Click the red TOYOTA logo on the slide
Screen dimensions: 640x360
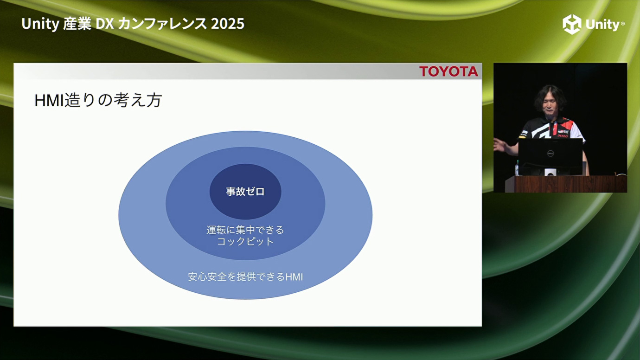click(448, 71)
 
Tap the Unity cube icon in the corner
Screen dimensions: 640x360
click(572, 24)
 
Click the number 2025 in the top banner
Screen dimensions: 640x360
click(228, 24)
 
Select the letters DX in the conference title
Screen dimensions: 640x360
click(104, 24)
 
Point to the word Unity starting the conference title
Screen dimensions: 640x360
click(40, 24)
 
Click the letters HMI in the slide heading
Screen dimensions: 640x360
click(49, 100)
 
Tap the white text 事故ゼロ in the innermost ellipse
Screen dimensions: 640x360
click(245, 192)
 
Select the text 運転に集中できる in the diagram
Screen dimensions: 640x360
click(245, 230)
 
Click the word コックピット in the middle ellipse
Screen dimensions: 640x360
click(245, 242)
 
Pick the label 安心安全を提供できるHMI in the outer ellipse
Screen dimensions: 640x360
click(245, 277)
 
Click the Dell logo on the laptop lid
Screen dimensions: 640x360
click(550, 154)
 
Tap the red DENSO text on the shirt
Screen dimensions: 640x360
click(563, 136)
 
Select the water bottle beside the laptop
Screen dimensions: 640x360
click(517, 168)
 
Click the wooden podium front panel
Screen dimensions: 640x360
click(566, 184)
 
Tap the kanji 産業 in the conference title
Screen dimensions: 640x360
click(77, 24)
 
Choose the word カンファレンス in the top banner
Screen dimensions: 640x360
click(162, 24)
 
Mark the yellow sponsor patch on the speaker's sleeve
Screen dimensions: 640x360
click(522, 137)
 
